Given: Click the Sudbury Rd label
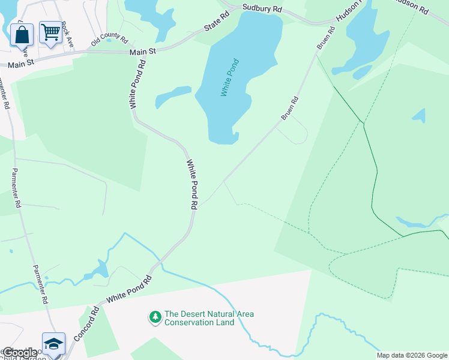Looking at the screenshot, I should pyautogui.click(x=262, y=9).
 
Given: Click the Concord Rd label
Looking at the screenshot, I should pyautogui.click(x=86, y=325).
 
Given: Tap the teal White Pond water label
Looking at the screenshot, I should pyautogui.click(x=230, y=77).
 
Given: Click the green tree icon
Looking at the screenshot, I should pyautogui.click(x=155, y=316).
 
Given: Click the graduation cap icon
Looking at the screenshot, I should pyautogui.click(x=53, y=343).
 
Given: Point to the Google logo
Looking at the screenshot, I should pyautogui.click(x=20, y=353).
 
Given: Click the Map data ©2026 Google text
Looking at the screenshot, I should pyautogui.click(x=412, y=355).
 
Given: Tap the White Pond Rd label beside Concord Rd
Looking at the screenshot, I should pyautogui.click(x=129, y=290).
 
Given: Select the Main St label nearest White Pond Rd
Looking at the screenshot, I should pyautogui.click(x=143, y=52).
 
